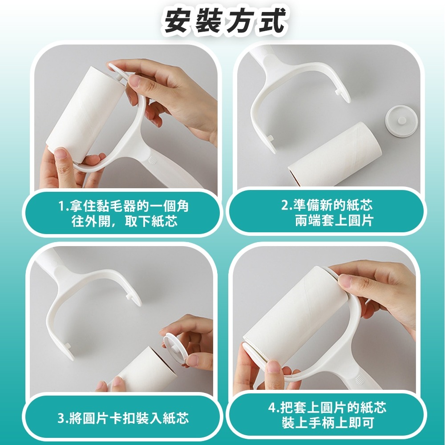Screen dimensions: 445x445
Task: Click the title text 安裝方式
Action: coord(224,21)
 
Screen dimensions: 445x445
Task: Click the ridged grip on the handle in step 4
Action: coord(359,379)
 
